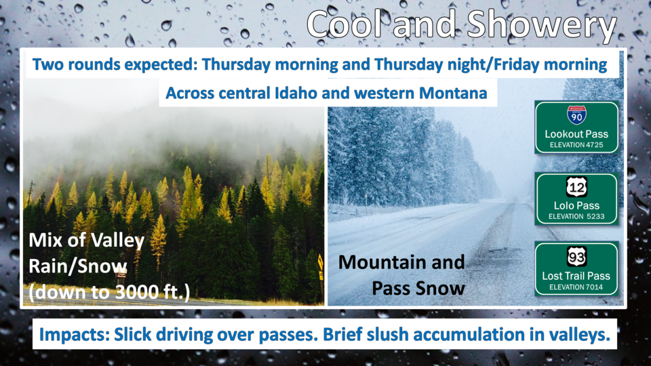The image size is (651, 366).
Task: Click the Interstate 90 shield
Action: [x=576, y=115]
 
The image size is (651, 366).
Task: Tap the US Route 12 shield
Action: [x=576, y=187]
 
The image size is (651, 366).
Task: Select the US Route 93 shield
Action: [x=576, y=258]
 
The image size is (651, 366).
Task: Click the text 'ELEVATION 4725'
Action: [x=576, y=145]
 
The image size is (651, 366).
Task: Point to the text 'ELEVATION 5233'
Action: [x=576, y=216]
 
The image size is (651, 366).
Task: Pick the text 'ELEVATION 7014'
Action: [x=576, y=287]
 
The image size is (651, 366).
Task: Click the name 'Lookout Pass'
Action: [x=576, y=134]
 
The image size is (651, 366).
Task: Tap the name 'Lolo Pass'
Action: [x=576, y=205]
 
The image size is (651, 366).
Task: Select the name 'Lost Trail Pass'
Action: [x=576, y=276]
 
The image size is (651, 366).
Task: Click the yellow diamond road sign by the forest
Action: [x=320, y=262]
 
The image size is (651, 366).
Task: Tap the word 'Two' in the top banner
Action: [x=47, y=64]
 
